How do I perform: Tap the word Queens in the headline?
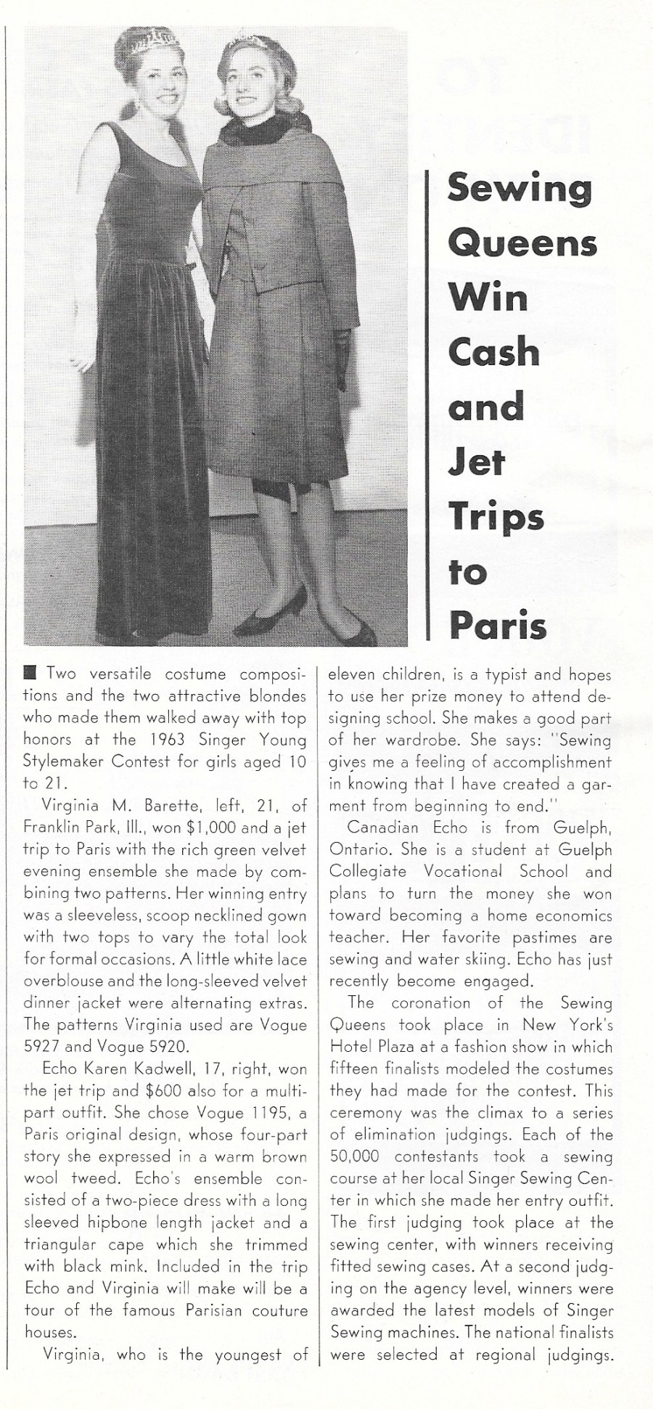tap(522, 244)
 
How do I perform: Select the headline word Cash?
tap(494, 352)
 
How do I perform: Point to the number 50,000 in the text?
tap(361, 1156)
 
